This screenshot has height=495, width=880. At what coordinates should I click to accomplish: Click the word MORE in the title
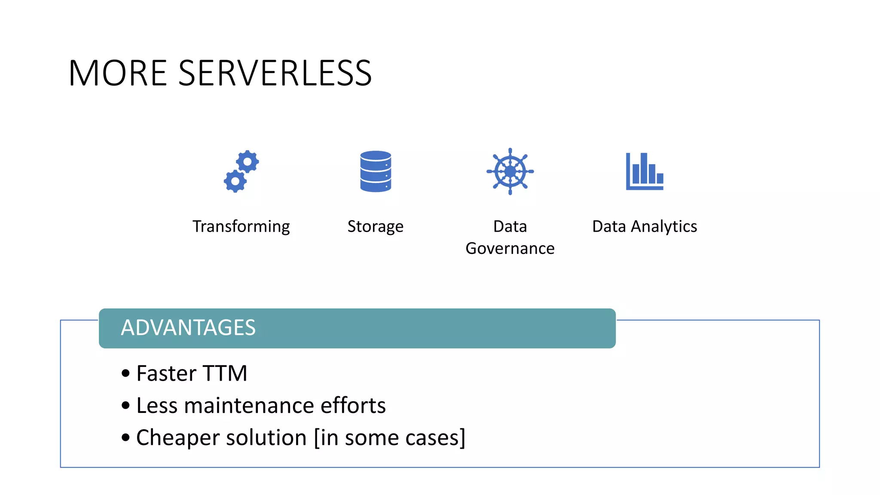(x=117, y=73)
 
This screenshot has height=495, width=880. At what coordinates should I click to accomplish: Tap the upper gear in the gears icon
(x=248, y=162)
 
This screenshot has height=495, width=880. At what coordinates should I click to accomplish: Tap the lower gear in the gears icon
(x=235, y=181)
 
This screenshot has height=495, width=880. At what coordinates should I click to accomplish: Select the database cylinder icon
(x=376, y=171)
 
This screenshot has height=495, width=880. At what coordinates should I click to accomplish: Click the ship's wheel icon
(x=510, y=171)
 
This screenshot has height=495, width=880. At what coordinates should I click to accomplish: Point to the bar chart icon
(x=645, y=171)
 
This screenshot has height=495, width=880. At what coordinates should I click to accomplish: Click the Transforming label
(x=241, y=226)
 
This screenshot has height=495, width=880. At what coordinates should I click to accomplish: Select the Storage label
(x=375, y=226)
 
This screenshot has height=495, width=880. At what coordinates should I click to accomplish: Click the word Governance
(x=510, y=248)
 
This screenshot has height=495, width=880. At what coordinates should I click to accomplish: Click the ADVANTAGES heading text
(x=188, y=328)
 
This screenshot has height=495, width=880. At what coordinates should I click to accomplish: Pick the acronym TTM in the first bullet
(x=225, y=373)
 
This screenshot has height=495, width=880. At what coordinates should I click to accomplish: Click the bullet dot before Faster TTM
(x=125, y=373)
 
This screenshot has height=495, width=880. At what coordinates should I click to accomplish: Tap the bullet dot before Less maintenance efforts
(x=125, y=405)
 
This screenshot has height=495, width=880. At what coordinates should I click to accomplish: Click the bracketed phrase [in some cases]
(x=389, y=438)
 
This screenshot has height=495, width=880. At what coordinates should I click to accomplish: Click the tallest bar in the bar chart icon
(x=643, y=168)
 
